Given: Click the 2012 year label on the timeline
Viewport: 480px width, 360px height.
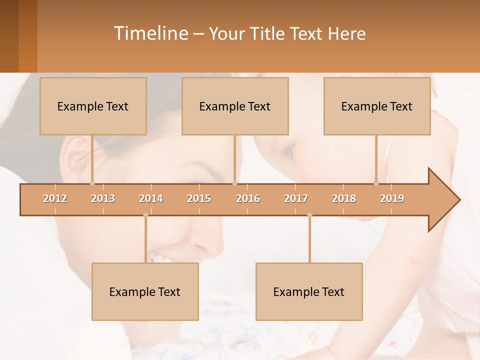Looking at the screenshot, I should (x=55, y=198).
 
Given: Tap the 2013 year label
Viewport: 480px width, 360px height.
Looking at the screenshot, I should (x=103, y=198).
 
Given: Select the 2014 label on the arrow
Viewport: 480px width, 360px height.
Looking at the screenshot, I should (x=151, y=198).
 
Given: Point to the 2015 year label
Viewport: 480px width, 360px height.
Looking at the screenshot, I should (x=199, y=198).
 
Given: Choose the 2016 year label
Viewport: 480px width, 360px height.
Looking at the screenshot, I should (x=248, y=198).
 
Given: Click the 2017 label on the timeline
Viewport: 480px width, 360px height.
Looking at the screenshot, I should (x=296, y=198).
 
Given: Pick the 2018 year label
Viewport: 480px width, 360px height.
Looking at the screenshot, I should (x=344, y=198).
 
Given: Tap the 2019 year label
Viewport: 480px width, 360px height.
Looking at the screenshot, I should (x=392, y=198).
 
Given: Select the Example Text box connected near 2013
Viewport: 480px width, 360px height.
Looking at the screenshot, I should (x=93, y=106).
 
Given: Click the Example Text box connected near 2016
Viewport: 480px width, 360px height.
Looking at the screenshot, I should (x=235, y=106).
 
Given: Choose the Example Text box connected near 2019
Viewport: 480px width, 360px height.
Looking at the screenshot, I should (x=377, y=106).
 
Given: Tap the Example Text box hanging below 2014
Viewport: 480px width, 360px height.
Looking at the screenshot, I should (x=145, y=291).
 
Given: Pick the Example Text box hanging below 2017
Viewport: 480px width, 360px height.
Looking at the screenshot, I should (x=309, y=291).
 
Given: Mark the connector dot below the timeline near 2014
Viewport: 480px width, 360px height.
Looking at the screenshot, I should (x=145, y=215).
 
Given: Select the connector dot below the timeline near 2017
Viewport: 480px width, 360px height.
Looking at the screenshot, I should (x=309, y=215).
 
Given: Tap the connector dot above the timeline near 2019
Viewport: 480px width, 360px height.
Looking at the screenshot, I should (x=376, y=183).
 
